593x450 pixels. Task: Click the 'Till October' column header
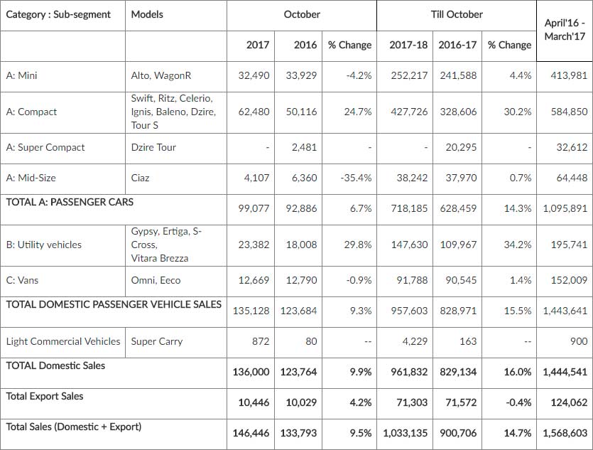click(456, 14)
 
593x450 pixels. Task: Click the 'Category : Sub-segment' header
click(58, 14)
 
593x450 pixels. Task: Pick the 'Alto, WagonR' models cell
click(161, 75)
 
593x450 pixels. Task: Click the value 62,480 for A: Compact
click(254, 112)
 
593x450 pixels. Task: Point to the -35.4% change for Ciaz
click(355, 178)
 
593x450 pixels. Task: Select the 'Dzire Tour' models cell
click(153, 147)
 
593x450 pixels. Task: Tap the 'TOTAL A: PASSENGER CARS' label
click(70, 202)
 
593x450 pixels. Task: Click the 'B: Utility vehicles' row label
click(43, 245)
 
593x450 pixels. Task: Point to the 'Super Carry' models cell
click(157, 341)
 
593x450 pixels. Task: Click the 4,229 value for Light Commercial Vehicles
click(414, 341)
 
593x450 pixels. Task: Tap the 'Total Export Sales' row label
click(44, 396)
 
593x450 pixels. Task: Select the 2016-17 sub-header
click(457, 45)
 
